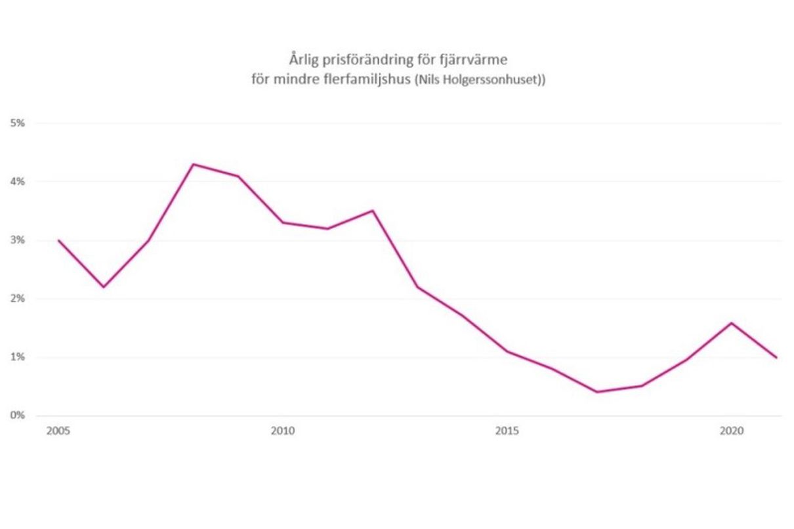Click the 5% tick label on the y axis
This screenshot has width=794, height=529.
pyautogui.click(x=18, y=123)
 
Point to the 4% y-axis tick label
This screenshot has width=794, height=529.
pyautogui.click(x=18, y=181)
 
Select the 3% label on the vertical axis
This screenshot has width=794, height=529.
pyautogui.click(x=18, y=240)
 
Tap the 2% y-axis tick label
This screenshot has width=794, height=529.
pyautogui.click(x=18, y=299)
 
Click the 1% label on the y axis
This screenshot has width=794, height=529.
pyautogui.click(x=18, y=357)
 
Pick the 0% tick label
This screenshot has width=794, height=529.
pyautogui.click(x=18, y=415)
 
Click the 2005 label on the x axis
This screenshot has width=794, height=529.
pyautogui.click(x=58, y=431)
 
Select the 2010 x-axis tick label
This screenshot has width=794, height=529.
pyautogui.click(x=283, y=431)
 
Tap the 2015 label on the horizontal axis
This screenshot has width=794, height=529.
pyautogui.click(x=507, y=431)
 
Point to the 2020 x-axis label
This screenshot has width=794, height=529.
pyautogui.click(x=731, y=431)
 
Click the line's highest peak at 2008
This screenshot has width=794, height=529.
pyautogui.click(x=193, y=164)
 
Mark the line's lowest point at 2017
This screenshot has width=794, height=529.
pyautogui.click(x=596, y=392)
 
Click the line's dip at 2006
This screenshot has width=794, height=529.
pyautogui.click(x=103, y=287)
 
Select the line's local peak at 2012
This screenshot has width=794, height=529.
pyautogui.click(x=373, y=211)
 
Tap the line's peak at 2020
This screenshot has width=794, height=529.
pyautogui.click(x=731, y=323)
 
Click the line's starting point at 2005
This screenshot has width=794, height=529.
pyautogui.click(x=58, y=240)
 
